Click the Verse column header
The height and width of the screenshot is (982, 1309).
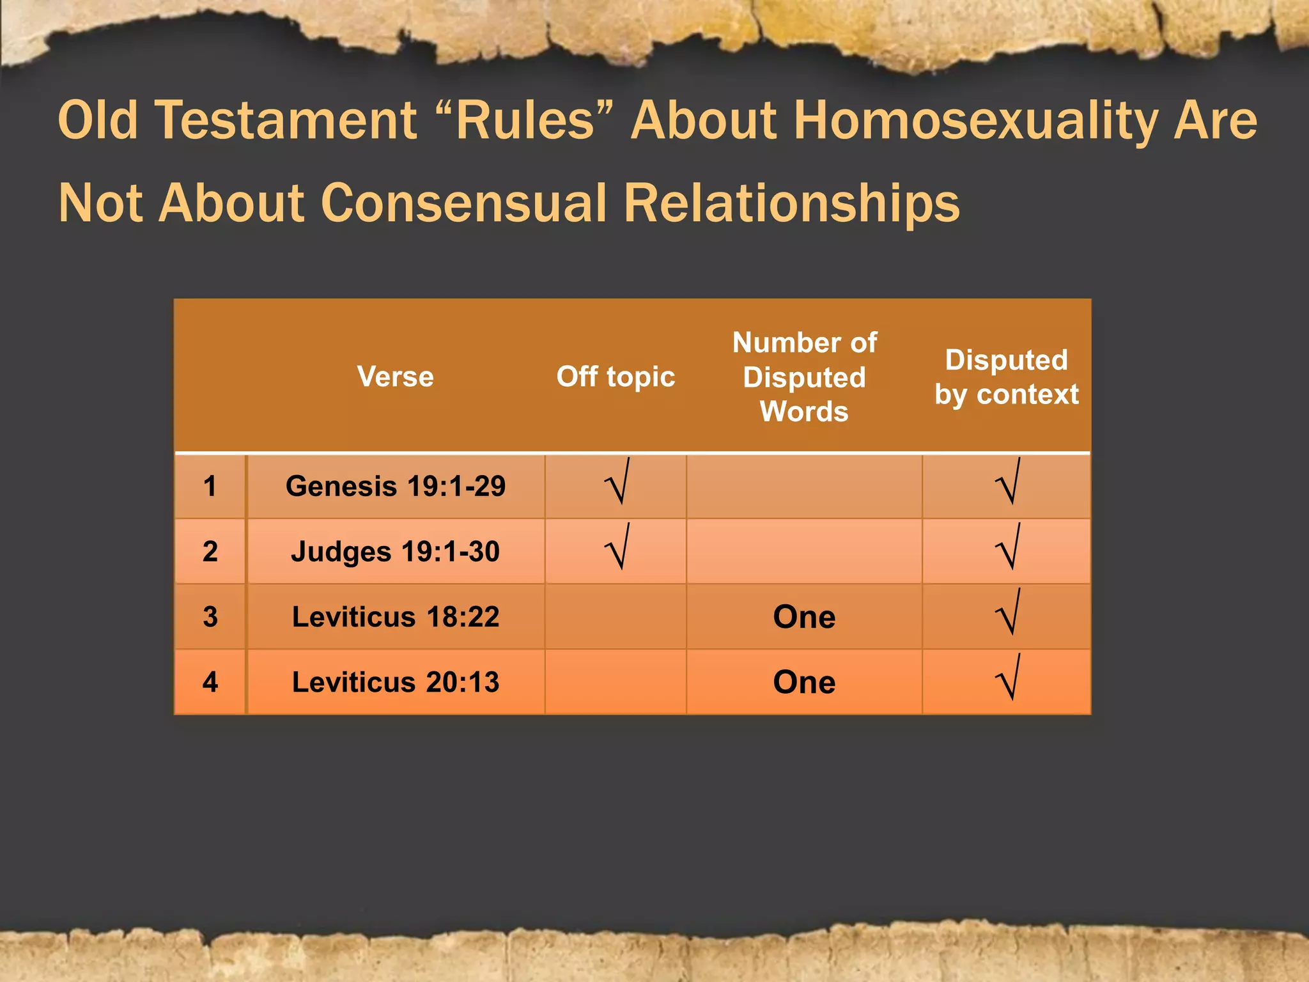[395, 377]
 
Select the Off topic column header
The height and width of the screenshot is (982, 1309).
[616, 377]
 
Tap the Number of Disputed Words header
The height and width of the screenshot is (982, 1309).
[804, 377]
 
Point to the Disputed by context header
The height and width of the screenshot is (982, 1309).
[1006, 377]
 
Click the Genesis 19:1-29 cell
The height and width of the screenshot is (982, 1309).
[395, 487]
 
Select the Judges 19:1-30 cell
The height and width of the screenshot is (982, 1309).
[395, 552]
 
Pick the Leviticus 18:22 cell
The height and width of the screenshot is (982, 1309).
[395, 617]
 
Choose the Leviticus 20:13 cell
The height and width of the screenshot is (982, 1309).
[395, 682]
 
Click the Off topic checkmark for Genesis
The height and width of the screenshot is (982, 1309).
[617, 483]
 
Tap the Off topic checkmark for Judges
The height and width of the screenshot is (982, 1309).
[617, 548]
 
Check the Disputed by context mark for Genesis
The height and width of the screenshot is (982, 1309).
[1008, 483]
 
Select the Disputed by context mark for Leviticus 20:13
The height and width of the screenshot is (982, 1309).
[1008, 678]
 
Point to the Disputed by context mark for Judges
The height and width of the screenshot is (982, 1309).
[1008, 548]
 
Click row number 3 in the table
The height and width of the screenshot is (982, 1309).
[210, 617]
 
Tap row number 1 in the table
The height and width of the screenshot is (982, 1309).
[210, 487]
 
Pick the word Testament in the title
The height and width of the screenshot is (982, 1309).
[286, 121]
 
